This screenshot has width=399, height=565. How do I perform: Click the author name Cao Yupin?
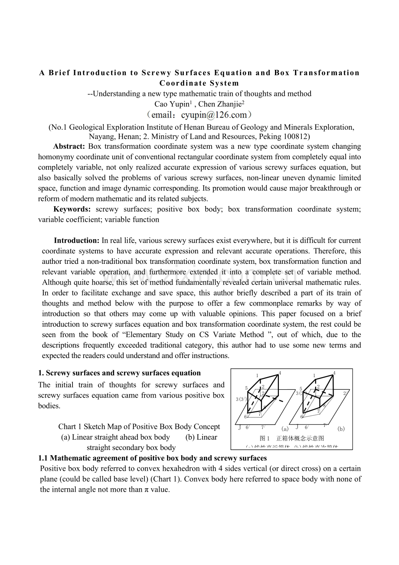click(172, 104)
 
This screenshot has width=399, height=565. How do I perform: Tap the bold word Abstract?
click(69, 146)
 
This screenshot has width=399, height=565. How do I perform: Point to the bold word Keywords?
click(72, 209)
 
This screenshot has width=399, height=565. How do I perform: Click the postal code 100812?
click(297, 136)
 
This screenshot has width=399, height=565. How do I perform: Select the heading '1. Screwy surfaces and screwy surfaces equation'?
click(119, 373)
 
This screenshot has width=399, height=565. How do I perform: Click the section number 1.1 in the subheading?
click(43, 458)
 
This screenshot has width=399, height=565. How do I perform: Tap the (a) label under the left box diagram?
click(285, 429)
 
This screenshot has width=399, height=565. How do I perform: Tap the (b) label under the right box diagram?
click(341, 429)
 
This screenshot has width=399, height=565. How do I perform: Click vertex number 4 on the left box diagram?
click(280, 373)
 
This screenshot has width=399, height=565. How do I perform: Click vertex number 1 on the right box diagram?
click(314, 375)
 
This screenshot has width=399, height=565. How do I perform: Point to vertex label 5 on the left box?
click(246, 388)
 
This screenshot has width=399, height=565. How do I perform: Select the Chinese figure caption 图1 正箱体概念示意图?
click(291, 438)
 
